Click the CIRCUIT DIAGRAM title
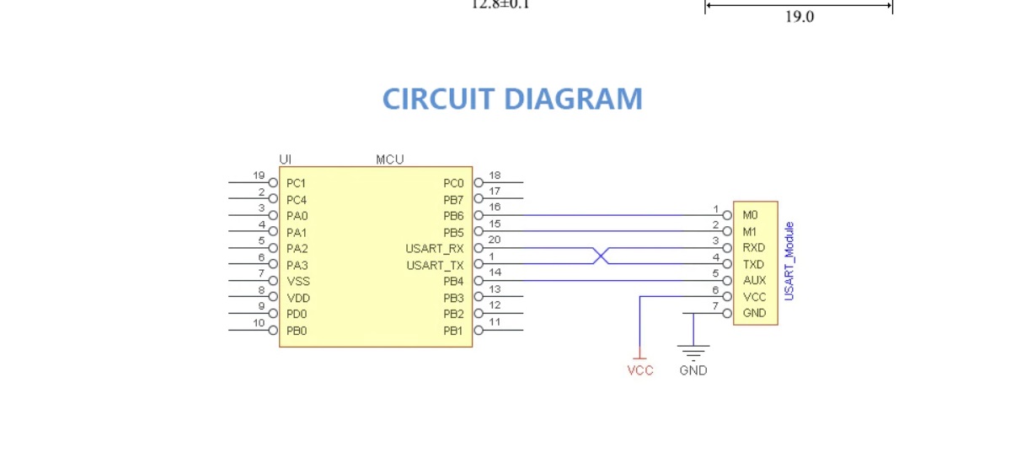(x=512, y=100)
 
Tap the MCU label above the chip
(x=389, y=159)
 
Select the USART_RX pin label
(x=435, y=249)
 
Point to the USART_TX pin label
(x=435, y=265)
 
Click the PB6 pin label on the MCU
(x=453, y=216)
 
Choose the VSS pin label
(x=297, y=282)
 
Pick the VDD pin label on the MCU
(x=297, y=298)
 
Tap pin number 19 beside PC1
(x=259, y=175)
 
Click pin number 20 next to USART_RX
(x=495, y=240)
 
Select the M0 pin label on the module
(x=750, y=216)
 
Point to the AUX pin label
(x=754, y=281)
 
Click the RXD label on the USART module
(x=754, y=248)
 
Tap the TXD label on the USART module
(x=754, y=265)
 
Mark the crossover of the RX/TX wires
(x=601, y=256)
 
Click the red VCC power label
(x=640, y=370)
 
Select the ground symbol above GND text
(x=693, y=351)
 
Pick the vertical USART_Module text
(x=789, y=262)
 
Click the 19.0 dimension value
(x=800, y=16)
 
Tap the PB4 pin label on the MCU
(x=453, y=282)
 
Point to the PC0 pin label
(x=453, y=183)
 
